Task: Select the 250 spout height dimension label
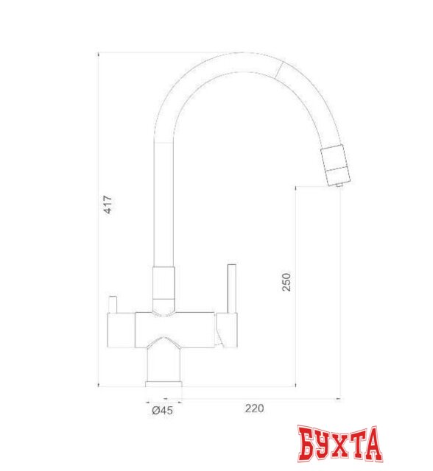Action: pos(288,283)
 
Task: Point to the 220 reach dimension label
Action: pos(253,408)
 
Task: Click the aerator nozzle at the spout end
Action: pos(335,164)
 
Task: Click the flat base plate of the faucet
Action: pos(164,383)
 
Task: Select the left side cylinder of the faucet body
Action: pos(120,328)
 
